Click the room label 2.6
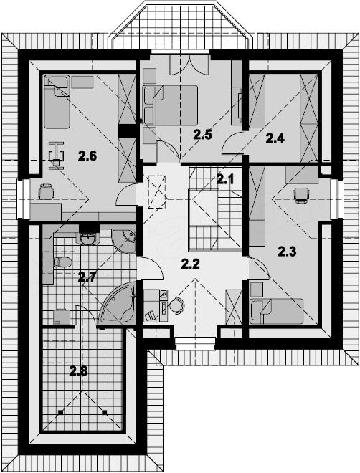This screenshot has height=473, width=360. (87, 156)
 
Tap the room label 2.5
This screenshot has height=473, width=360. (202, 135)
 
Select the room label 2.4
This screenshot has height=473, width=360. (275, 138)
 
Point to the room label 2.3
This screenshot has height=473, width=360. (287, 252)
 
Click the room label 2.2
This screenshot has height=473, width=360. (191, 264)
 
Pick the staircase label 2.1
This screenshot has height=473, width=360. (225, 180)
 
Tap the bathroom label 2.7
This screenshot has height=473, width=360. (87, 277)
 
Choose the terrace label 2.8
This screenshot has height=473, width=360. (78, 371)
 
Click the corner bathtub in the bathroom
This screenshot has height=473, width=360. (117, 303)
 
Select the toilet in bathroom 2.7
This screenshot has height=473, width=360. (63, 262)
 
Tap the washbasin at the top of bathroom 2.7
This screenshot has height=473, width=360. (87, 239)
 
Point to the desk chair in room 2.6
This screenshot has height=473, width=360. (46, 192)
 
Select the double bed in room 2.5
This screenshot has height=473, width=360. (171, 105)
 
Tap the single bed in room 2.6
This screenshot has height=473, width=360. (57, 102)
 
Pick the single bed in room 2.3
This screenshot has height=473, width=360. (276, 311)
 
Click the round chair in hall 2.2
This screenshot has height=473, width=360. (177, 305)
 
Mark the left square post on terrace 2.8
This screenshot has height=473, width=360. (61, 412)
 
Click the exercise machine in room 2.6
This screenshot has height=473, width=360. (56, 155)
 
